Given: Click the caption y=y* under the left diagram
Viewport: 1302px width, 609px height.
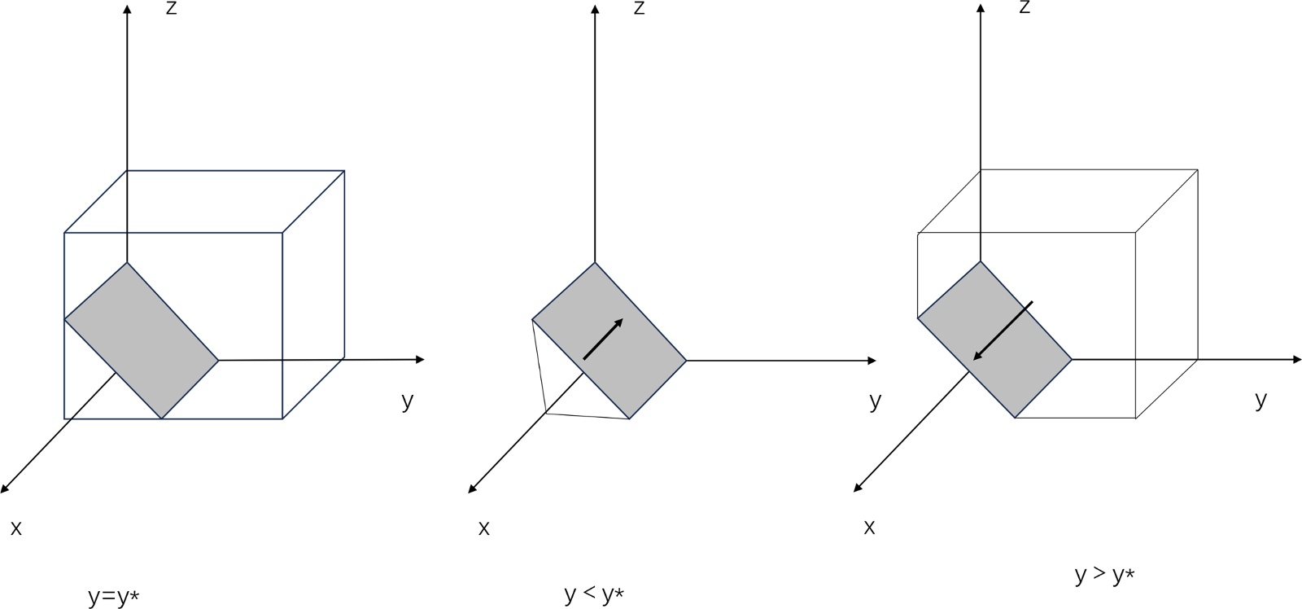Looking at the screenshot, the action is (x=113, y=597).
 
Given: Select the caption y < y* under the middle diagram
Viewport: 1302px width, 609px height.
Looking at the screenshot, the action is (x=594, y=594).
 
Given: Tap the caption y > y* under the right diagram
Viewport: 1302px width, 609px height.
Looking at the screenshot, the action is (x=1104, y=575).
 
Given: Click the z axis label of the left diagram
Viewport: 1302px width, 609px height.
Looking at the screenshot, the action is (x=171, y=9).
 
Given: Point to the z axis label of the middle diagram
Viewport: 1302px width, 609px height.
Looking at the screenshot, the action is (x=639, y=8).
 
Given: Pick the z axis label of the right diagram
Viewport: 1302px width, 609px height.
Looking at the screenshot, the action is (x=1025, y=7).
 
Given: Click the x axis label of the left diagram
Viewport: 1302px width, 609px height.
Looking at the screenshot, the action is (x=16, y=528).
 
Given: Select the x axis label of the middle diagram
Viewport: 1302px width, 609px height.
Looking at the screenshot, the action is (x=484, y=528).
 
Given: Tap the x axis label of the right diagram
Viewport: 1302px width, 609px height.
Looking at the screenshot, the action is (x=869, y=528).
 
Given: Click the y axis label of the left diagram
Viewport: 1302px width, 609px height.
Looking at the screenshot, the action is (x=408, y=401).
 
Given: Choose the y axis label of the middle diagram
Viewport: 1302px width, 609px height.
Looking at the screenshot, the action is (x=875, y=401).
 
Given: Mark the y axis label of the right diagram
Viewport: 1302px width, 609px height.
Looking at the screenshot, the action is (x=1260, y=400).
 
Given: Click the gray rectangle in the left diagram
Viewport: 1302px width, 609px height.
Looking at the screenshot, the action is (x=142, y=340).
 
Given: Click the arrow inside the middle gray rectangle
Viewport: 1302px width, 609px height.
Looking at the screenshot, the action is (x=603, y=339).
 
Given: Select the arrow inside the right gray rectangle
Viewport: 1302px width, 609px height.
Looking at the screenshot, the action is (x=1003, y=331).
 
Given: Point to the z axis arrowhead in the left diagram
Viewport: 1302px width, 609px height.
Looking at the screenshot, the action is (x=127, y=9).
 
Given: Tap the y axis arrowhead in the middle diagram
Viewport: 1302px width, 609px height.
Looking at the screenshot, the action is (x=872, y=360).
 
